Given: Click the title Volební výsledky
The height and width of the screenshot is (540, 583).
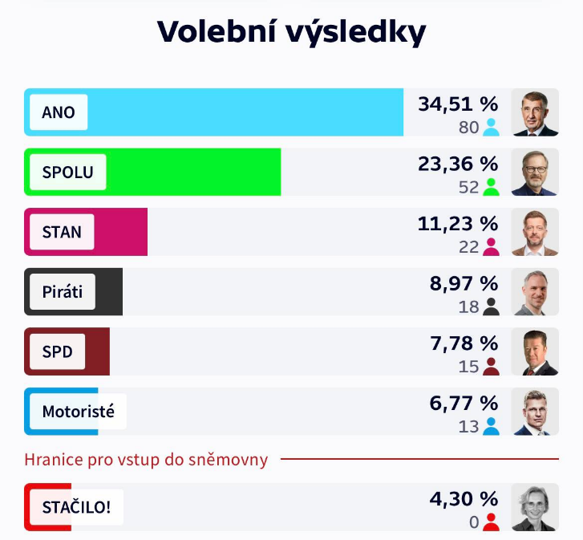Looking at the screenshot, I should pyautogui.click(x=291, y=31).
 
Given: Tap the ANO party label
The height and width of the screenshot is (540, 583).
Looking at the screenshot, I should pyautogui.click(x=59, y=112).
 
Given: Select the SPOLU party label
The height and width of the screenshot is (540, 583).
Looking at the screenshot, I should pyautogui.click(x=67, y=172).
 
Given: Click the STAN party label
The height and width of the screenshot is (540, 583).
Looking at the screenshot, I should pyautogui.click(x=62, y=232).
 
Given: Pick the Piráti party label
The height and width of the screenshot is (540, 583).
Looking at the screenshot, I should pyautogui.click(x=63, y=292).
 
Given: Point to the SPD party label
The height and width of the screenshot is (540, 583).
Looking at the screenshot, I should pyautogui.click(x=58, y=351).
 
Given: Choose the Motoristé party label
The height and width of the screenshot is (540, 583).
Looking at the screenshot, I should pyautogui.click(x=78, y=412).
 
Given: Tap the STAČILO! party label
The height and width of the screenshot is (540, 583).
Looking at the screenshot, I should pyautogui.click(x=76, y=507).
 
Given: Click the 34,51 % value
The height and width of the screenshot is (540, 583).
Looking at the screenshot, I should pyautogui.click(x=458, y=104).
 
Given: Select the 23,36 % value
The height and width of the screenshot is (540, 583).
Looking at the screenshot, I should pyautogui.click(x=458, y=164).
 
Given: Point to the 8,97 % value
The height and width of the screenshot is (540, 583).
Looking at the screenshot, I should pyautogui.click(x=464, y=283).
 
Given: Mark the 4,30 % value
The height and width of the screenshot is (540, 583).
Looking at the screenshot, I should pyautogui.click(x=464, y=499).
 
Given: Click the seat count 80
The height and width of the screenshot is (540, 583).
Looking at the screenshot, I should pyautogui.click(x=468, y=127).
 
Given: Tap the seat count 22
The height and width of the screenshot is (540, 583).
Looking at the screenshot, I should pyautogui.click(x=468, y=246).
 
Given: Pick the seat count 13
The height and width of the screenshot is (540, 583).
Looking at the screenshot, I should pyautogui.click(x=468, y=426).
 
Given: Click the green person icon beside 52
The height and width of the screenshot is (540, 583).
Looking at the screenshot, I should pyautogui.click(x=491, y=187).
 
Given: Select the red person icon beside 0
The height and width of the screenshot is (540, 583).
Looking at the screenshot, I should pyautogui.click(x=491, y=522).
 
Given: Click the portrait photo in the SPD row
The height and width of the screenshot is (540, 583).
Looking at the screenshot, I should pyautogui.click(x=534, y=351).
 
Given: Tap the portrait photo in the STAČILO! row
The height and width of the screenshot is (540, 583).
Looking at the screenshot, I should pyautogui.click(x=534, y=507).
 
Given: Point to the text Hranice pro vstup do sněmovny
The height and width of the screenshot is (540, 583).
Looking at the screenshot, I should pyautogui.click(x=146, y=460).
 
